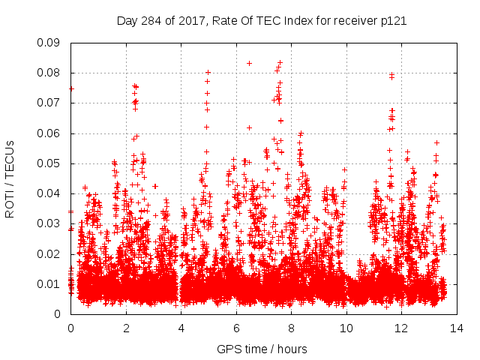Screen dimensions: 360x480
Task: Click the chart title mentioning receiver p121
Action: coord(262,21)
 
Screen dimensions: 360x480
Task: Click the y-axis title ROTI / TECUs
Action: coord(10,178)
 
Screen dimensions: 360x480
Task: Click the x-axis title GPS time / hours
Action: coord(262,349)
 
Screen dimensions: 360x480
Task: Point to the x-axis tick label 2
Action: coord(125,328)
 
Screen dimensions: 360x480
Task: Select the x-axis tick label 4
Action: coord(181,328)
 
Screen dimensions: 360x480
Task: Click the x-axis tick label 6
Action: coord(235,328)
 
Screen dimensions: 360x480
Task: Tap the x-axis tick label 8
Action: coord(291,328)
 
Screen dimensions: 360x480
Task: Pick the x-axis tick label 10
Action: coord(346,328)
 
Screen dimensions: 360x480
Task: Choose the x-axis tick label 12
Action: coord(401,328)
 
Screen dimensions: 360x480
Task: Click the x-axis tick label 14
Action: coord(456,328)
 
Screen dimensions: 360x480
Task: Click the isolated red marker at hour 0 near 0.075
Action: coord(71,88)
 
